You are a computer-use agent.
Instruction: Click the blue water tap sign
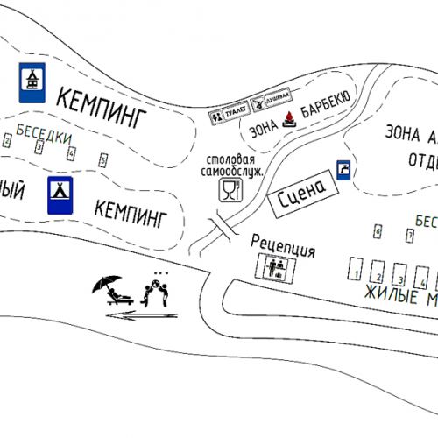coord(345,168)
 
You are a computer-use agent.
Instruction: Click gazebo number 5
coord(102,159)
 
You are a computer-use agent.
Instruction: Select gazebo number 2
coord(7,140)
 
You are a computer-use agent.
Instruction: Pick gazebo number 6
coord(378,231)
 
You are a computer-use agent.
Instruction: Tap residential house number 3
coord(399,274)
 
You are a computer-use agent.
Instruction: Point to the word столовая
coord(231,160)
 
